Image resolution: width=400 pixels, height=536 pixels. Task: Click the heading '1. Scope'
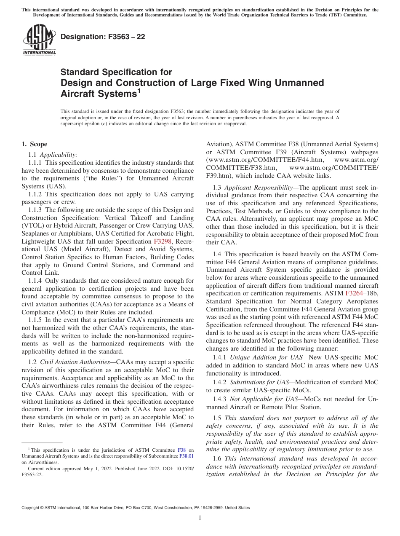coord(35,144)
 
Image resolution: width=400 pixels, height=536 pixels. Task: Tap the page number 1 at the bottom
coord(200,518)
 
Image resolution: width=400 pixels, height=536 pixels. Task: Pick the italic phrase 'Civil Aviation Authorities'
coord(77,362)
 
